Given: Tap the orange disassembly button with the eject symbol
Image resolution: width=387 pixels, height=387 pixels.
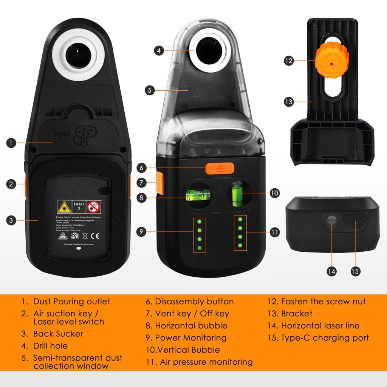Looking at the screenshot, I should point(220,168).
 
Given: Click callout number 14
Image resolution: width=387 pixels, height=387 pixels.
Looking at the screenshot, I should point(332,271).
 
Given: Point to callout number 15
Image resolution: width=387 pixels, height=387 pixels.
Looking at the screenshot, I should point(355,271).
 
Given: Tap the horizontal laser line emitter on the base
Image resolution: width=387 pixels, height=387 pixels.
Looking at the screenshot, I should point(332,220).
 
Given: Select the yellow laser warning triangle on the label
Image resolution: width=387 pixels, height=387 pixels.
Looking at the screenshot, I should point(62,206).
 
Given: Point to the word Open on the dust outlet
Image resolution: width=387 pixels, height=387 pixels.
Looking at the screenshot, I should point(62,134).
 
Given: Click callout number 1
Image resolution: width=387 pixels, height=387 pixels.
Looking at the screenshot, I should point(11,143).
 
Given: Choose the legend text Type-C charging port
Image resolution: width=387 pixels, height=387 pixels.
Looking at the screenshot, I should point(325,338).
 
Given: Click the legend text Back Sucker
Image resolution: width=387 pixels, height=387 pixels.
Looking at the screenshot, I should point(58,334).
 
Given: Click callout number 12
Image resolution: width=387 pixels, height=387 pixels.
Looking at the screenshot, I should point(289,60).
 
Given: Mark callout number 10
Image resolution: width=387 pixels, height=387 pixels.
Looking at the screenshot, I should point(274,193).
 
